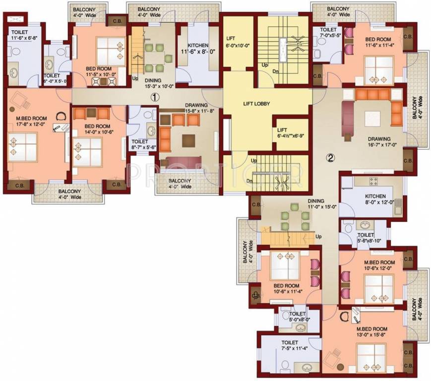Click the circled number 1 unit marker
point(155,98)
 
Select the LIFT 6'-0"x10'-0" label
point(238,41)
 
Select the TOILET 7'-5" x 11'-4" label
point(289,345)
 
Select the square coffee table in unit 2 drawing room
point(372,120)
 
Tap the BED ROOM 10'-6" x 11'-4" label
point(287,289)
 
